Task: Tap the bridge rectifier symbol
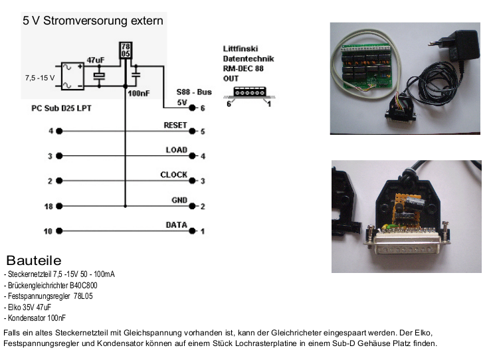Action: pos(72,76)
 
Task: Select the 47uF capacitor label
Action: pos(96,60)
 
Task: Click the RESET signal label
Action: pos(175,125)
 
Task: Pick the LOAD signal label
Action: pos(177,150)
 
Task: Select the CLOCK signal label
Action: pos(174,175)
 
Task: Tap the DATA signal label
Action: pos(176,225)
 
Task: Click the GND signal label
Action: pos(179,200)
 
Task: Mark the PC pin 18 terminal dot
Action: pos(60,207)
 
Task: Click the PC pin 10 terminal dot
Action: pos(60,231)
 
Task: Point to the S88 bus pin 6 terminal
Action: pos(193,107)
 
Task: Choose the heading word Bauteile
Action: pos(34,260)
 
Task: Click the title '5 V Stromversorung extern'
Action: pos(93,21)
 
